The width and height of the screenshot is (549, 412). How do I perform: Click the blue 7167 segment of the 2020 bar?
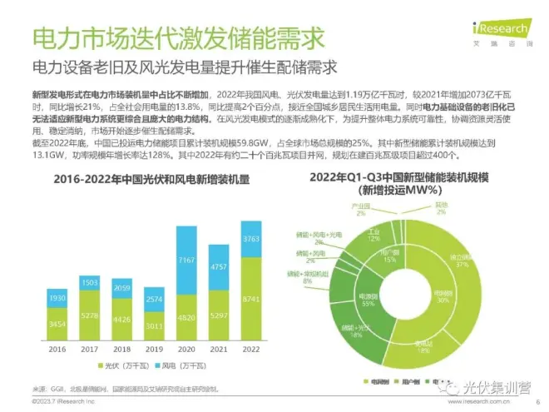coord(187,262)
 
